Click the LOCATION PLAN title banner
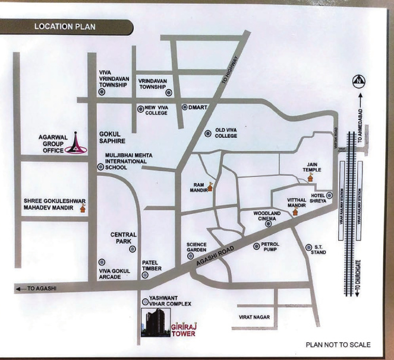pyautogui.click(x=65, y=27)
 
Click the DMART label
pyautogui.click(x=196, y=108)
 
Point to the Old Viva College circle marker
pyautogui.click(x=207, y=134)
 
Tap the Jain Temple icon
pyautogui.click(x=310, y=177)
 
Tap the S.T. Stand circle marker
pyautogui.click(x=308, y=247)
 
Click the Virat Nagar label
pyautogui.click(x=254, y=318)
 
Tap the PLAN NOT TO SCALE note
pyautogui.click(x=338, y=345)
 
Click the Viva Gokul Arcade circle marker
pyautogui.click(x=102, y=261)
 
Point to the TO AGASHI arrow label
pyautogui.click(x=36, y=288)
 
